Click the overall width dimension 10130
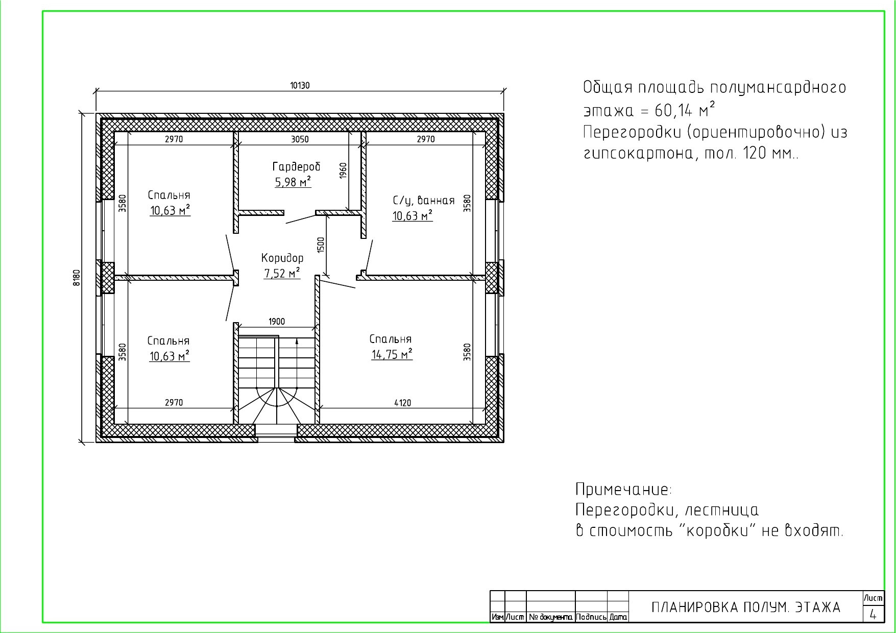pos(300,86)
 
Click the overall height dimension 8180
pos(77,278)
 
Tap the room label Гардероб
pos(297,166)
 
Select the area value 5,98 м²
pos(293,182)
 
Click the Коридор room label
pos(282,258)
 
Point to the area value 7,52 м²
pos(282,273)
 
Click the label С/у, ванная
pos(424,201)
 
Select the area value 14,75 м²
pos(392,354)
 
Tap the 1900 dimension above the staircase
pos(277,322)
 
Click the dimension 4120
pos(402,403)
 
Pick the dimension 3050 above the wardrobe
pos(300,139)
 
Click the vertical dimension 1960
pos(343,171)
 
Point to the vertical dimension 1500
pos(321,245)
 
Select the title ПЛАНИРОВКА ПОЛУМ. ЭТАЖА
pos(746,607)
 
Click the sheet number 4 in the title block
pos(873,615)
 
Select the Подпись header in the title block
pos(591,617)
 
